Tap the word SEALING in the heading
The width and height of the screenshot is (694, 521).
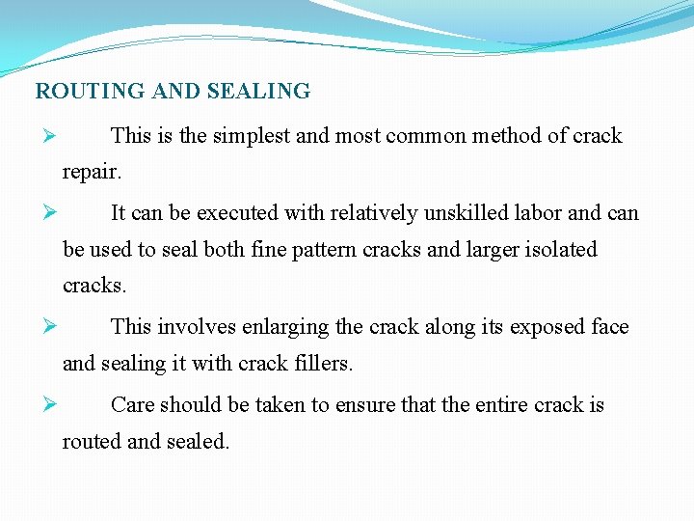coord(259,92)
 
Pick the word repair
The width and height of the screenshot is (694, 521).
coord(92,173)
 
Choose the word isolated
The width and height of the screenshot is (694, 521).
coord(562,250)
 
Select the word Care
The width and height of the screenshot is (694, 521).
coord(131,404)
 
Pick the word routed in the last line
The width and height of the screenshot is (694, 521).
coord(92,441)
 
